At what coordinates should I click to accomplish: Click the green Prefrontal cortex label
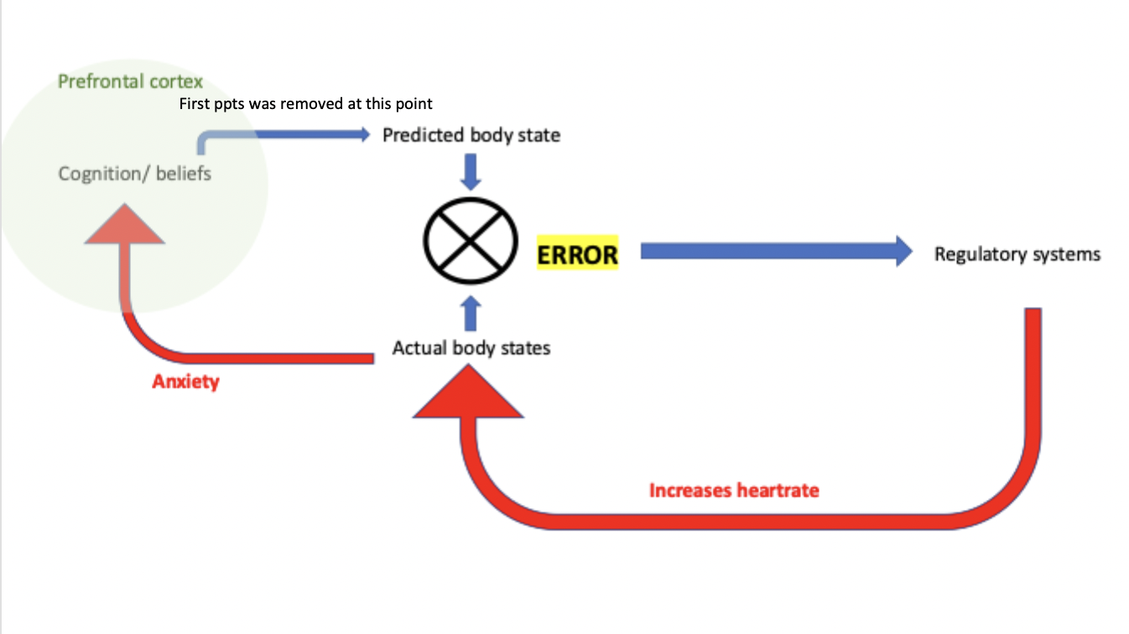point(130,82)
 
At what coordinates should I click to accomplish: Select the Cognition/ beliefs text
point(134,174)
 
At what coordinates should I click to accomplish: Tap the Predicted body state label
point(471,134)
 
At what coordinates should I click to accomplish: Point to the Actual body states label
point(471,347)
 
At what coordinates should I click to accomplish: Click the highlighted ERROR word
point(577,255)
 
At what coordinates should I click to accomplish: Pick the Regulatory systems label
point(1017,254)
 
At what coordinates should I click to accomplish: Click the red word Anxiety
point(185,382)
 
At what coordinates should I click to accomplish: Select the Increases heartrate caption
point(734,490)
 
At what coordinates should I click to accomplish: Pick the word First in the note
point(193,104)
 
